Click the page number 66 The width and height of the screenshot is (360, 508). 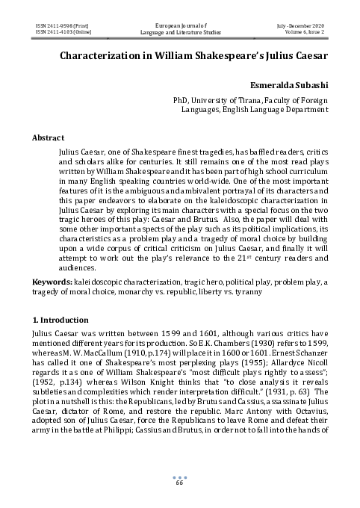click(x=179, y=483)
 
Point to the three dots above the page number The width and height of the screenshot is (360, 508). click(x=179, y=477)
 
